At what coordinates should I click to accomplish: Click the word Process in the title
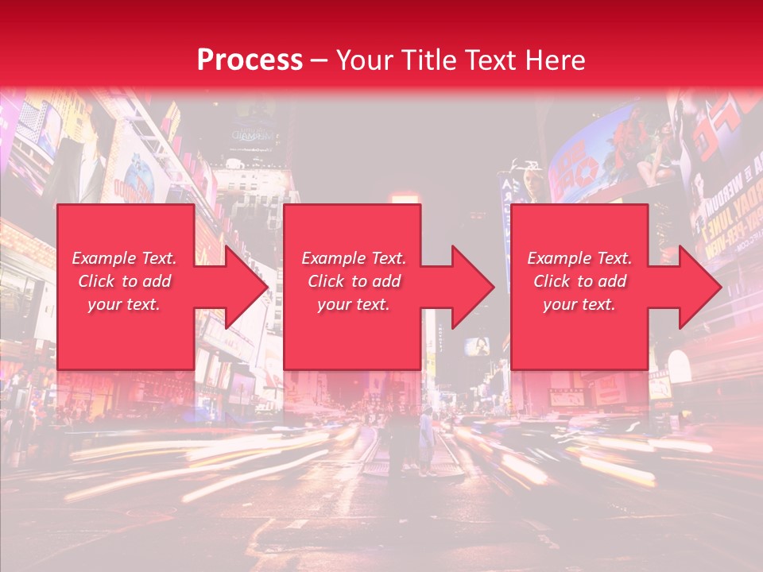(x=250, y=60)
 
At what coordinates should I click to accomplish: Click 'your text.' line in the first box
(x=124, y=304)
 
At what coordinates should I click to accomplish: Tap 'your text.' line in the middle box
(x=354, y=304)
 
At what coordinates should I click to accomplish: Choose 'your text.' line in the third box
(x=579, y=304)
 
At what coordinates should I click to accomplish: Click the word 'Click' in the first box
(x=96, y=281)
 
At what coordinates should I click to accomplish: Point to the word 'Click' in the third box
(x=552, y=281)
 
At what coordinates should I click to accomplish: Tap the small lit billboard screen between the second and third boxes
(x=478, y=346)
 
